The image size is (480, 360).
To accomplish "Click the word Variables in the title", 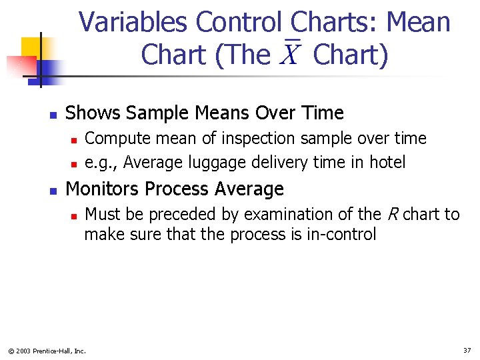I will click(133, 23).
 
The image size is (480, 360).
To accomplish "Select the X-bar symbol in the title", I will click(289, 53).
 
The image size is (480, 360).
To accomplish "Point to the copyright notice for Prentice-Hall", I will click(47, 351).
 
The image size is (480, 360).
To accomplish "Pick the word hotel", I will click(387, 162).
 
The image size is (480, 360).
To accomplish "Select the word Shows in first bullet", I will click(90, 113).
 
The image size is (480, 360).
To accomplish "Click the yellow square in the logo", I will click(31, 47).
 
